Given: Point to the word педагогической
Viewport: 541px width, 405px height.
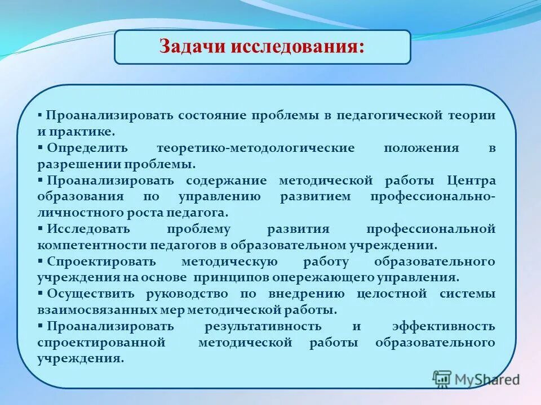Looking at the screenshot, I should pyautogui.click(x=384, y=115).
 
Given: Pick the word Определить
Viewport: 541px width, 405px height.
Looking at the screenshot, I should pyautogui.click(x=88, y=148).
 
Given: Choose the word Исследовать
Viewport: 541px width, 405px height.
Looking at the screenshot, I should pyautogui.click(x=88, y=229).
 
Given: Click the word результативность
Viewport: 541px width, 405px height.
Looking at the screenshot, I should pyautogui.click(x=264, y=326).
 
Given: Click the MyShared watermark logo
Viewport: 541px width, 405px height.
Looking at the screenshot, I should pyautogui.click(x=476, y=379).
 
